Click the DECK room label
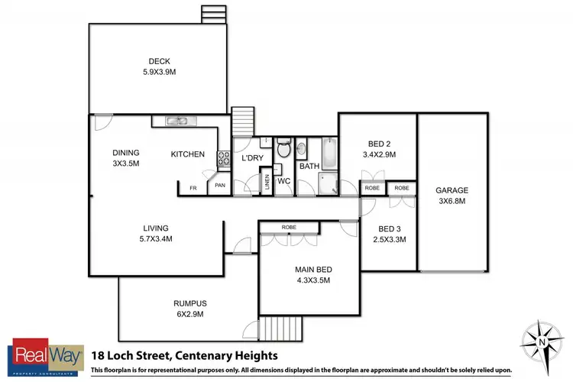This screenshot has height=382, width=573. click(159, 63)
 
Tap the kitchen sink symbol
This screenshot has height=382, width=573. click(178, 121)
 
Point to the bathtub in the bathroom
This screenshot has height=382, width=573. click(329, 151)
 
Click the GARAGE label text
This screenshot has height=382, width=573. click(451, 190)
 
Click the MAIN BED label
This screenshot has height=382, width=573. click(313, 268)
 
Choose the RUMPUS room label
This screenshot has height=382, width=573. click(189, 303)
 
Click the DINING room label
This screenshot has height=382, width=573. click(126, 152)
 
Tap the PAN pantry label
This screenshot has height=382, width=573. click(219, 185)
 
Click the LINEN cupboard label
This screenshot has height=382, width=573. click(267, 183)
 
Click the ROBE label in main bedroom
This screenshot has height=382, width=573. click(289, 227)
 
